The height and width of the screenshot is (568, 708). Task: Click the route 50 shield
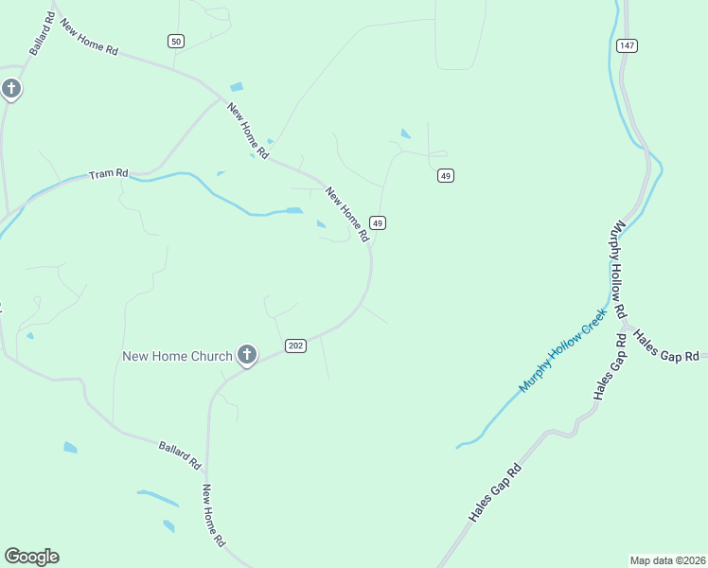[x=175, y=41]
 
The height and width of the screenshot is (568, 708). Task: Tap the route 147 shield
[x=626, y=45]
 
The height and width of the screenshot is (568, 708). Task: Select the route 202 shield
[x=295, y=346]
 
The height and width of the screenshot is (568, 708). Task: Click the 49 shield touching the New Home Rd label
[x=378, y=222]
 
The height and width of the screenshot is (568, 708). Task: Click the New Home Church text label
[x=177, y=356]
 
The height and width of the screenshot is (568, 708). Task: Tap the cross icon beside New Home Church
[x=246, y=355]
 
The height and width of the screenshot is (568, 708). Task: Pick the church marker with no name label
[x=10, y=90]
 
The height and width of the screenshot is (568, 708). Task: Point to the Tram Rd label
[x=108, y=174]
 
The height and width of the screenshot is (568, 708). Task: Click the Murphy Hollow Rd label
[x=620, y=270]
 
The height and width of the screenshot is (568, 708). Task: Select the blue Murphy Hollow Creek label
[x=561, y=355]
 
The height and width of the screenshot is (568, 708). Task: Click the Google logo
[x=31, y=557]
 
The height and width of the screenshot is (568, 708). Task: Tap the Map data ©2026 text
[x=667, y=559]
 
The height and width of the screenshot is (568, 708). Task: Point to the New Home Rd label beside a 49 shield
[x=346, y=215]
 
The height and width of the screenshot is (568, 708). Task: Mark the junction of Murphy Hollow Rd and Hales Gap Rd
[x=627, y=326]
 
